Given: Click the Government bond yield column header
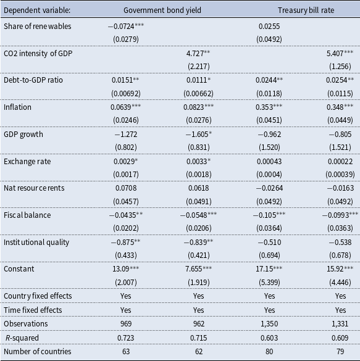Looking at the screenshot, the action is [x=162, y=10].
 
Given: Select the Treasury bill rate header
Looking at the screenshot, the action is [x=306, y=10].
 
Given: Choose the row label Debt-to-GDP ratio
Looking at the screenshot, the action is [x=33, y=80].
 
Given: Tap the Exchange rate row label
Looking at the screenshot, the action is [x=27, y=162].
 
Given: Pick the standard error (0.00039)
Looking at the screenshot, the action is [x=340, y=175].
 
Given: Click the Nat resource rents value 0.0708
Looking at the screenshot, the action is [x=126, y=188].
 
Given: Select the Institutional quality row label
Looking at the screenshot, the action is [x=36, y=242].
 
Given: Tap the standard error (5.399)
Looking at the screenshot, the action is [x=269, y=282].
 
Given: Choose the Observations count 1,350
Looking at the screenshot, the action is [x=269, y=324].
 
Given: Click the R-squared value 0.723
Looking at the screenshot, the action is [x=125, y=338].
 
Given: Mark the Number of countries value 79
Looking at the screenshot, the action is [x=340, y=352].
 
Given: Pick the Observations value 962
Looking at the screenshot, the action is [x=199, y=324].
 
